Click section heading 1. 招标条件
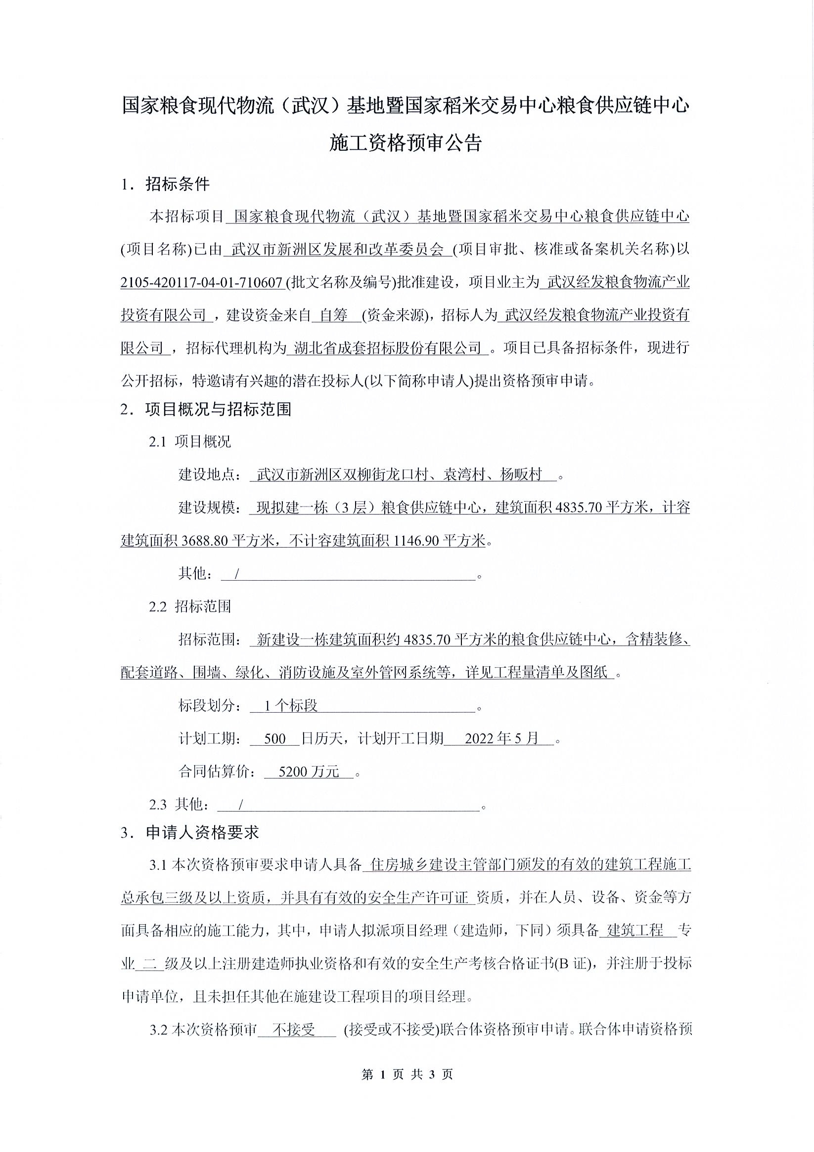(165, 185)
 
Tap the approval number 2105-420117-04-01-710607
(201, 283)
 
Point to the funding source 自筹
(334, 316)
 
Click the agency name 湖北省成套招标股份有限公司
(385, 348)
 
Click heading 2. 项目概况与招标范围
(206, 409)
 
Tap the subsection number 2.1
(157, 441)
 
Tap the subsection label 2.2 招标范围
(190, 606)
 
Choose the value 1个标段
(291, 705)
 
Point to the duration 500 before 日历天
(274, 738)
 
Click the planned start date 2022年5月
(501, 738)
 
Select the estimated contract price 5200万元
(309, 771)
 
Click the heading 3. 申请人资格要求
(190, 833)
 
